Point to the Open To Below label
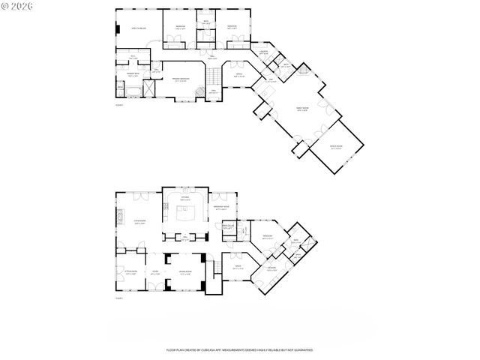138,28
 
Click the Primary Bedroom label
180,79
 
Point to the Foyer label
155,274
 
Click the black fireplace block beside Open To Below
117,30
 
